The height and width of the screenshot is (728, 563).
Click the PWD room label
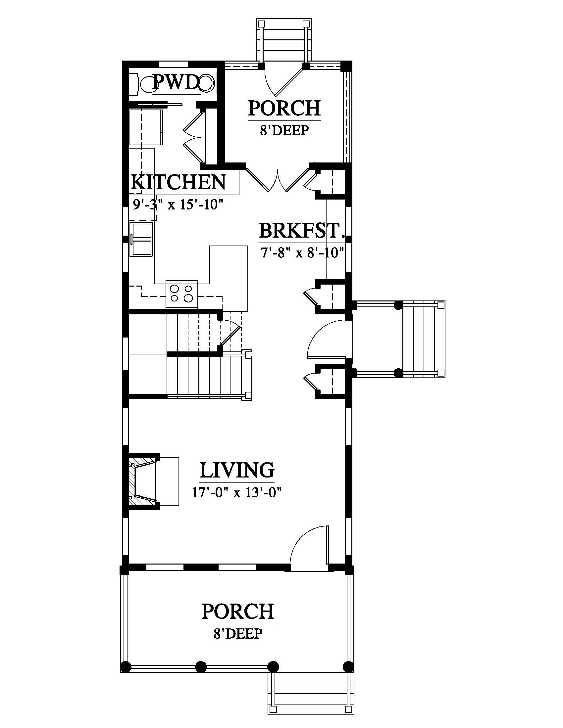[176, 83]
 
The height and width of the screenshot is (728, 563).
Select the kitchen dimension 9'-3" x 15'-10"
[178, 204]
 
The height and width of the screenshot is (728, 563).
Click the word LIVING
[237, 470]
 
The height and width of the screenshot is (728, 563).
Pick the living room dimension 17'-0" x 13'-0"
[237, 492]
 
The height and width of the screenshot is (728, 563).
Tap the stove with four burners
[182, 294]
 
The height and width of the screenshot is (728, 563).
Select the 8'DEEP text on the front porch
[238, 633]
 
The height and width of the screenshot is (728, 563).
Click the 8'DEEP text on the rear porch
[284, 130]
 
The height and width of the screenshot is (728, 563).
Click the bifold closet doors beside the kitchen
[193, 135]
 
